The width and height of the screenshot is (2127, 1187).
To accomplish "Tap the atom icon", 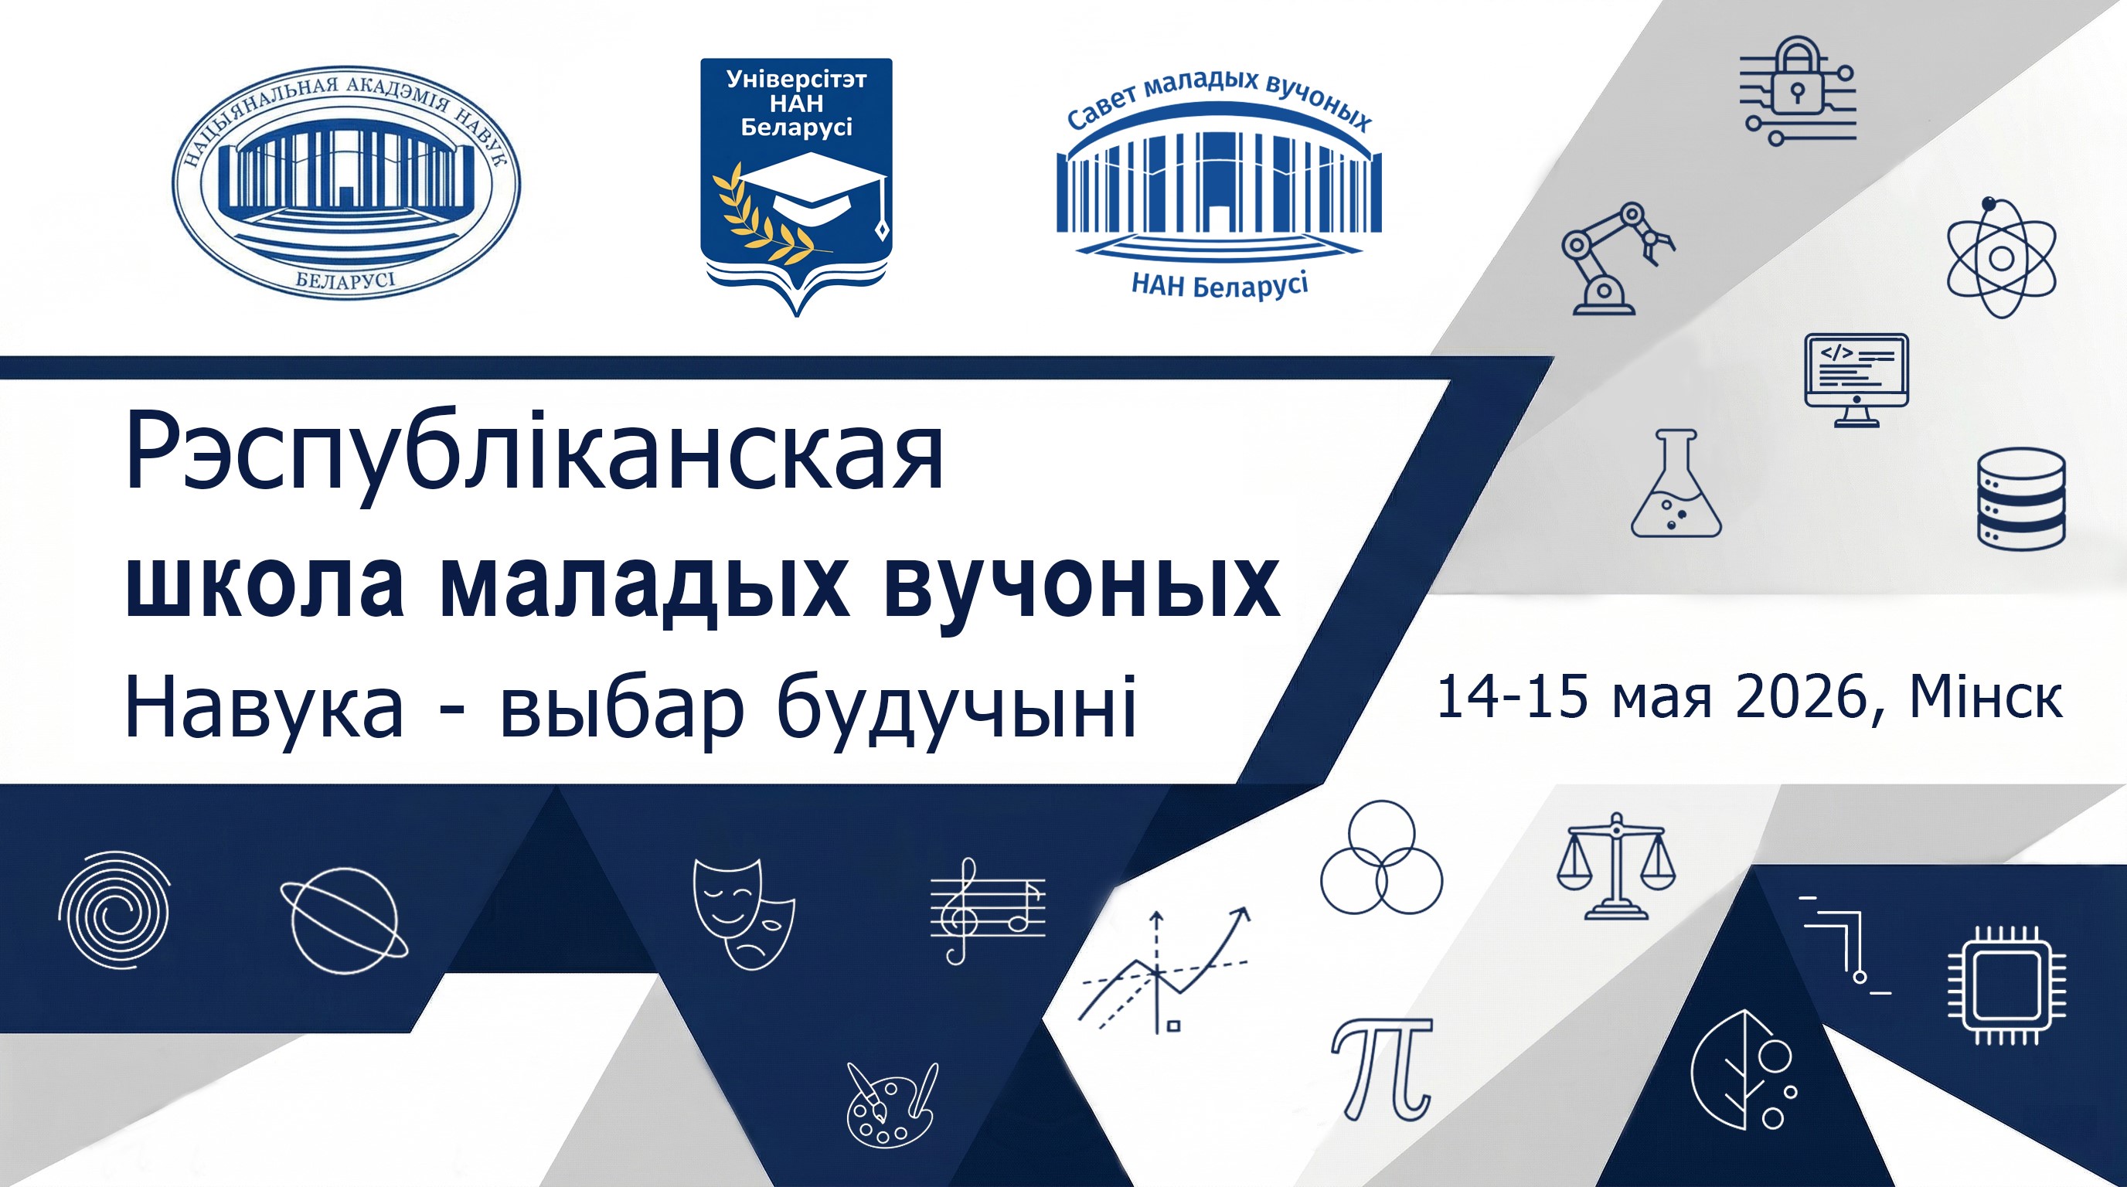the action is click(x=2002, y=257).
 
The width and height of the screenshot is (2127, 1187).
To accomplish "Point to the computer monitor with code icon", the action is click(x=1856, y=379).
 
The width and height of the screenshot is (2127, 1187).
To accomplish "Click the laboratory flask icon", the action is click(x=1676, y=495).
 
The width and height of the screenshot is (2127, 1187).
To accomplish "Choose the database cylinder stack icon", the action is click(x=2021, y=498).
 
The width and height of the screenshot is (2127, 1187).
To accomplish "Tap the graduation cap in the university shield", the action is click(x=812, y=186).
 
